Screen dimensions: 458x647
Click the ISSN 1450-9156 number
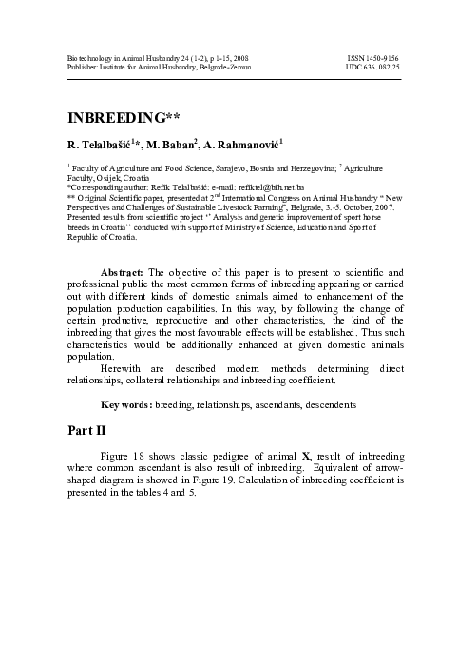373,59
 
